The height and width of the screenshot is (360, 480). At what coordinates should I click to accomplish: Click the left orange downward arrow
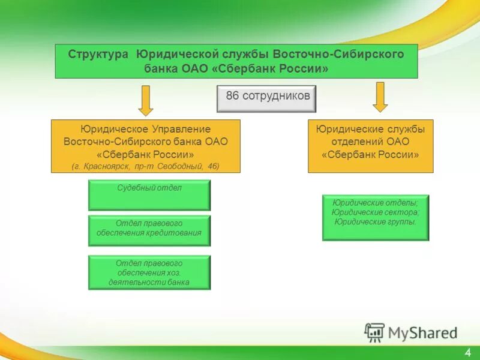tap(146, 100)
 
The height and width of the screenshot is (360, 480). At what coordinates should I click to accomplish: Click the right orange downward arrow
tap(380, 97)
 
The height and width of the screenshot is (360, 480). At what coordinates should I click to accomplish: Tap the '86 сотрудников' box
tap(266, 98)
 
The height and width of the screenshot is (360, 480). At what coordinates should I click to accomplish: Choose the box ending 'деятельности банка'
tap(149, 272)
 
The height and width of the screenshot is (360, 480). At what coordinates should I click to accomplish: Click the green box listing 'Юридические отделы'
tap(376, 217)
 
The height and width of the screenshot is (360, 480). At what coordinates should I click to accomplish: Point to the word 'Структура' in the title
tap(98, 54)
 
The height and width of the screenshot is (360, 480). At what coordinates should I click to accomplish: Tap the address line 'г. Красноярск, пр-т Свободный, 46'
tap(146, 166)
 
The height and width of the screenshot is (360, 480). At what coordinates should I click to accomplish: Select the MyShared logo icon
tap(375, 332)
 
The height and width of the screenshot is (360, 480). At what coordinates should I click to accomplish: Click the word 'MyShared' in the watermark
tap(422, 332)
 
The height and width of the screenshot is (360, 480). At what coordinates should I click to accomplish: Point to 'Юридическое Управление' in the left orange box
tap(146, 129)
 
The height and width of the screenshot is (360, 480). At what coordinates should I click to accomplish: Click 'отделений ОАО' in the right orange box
tap(370, 142)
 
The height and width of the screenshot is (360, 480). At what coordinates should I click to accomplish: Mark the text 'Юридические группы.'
tap(376, 221)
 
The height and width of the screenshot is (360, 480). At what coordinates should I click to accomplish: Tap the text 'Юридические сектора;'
tap(376, 212)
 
